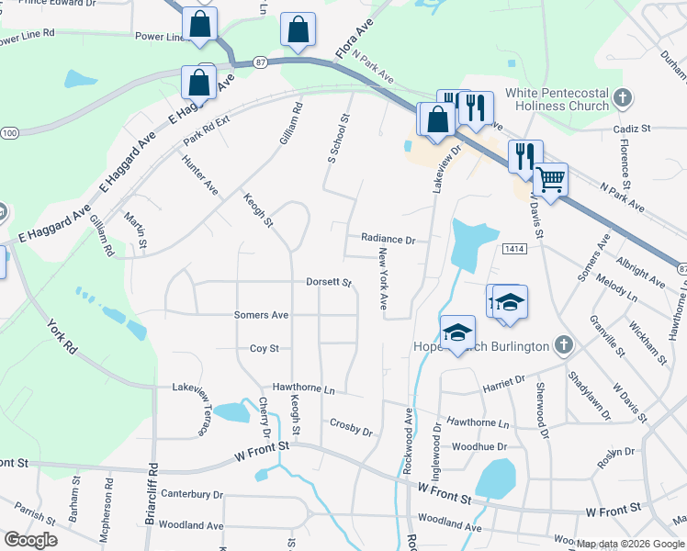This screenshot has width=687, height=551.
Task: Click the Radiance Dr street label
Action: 388,239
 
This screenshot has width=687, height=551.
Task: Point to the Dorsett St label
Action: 329,283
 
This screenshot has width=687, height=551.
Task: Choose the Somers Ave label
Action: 261,315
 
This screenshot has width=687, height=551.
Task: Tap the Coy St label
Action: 264,349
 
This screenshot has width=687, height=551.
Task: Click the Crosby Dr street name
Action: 351,426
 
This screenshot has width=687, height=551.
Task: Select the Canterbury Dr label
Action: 192,494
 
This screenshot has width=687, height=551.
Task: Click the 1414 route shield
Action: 513,248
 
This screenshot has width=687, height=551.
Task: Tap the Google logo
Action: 30,540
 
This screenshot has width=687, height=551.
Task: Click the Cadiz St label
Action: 633,129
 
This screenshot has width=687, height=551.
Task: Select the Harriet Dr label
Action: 505,379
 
